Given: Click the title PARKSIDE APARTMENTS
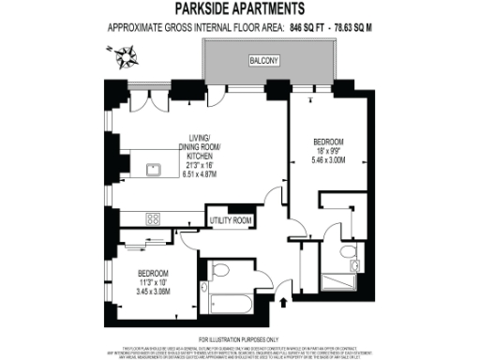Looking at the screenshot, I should click(x=240, y=10).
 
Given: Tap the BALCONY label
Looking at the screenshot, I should click(x=263, y=61).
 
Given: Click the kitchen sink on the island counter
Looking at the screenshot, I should click(x=156, y=170).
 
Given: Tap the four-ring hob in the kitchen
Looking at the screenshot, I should click(x=154, y=217).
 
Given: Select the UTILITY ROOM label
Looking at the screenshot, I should click(x=231, y=220).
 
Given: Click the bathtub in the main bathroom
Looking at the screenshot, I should click(x=230, y=304).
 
